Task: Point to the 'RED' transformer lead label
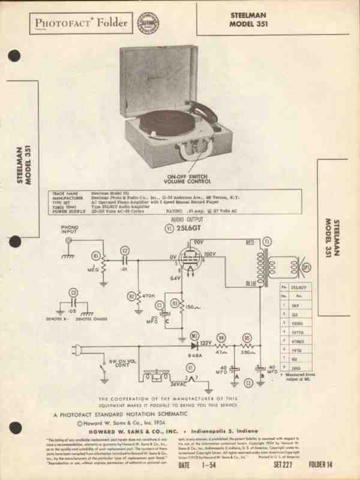[x=250, y=242]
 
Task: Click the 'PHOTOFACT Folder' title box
[x=80, y=23]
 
